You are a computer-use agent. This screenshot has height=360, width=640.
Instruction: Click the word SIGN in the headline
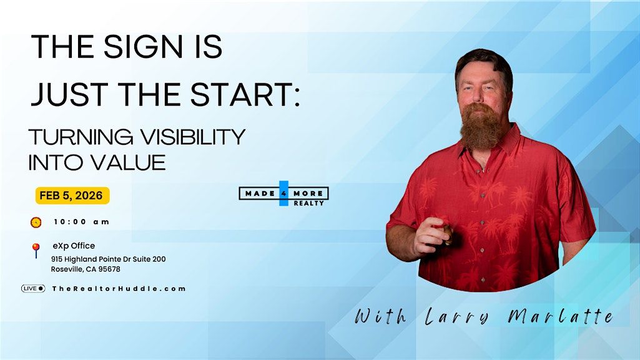tap(142, 46)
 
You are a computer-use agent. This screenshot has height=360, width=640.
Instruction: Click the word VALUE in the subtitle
tap(128, 162)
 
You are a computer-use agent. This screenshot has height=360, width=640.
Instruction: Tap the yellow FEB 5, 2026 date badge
tap(72, 196)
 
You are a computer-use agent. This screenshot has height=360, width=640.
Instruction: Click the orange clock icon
tap(36, 222)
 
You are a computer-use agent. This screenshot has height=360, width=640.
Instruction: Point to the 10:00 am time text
tap(82, 221)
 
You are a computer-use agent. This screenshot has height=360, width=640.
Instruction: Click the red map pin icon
tap(36, 250)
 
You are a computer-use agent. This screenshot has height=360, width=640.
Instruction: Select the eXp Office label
tap(74, 246)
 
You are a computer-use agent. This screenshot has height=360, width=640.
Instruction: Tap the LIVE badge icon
tap(33, 289)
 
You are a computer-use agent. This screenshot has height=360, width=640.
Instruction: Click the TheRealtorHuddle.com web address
tap(119, 289)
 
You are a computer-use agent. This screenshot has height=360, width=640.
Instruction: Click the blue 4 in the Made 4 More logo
tap(283, 193)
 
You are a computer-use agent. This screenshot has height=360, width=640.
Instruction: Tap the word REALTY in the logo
tap(309, 203)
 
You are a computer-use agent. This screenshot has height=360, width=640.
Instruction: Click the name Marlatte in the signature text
tap(561, 316)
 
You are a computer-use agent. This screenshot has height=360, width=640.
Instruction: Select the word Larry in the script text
tap(456, 316)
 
